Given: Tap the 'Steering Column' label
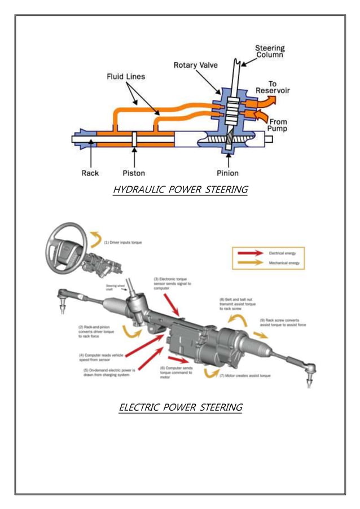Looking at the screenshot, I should [x=270, y=51].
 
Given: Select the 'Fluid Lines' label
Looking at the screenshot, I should [x=126, y=77].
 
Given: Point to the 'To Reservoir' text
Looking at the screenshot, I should [x=270, y=87].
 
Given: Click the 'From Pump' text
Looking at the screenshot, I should [x=278, y=125].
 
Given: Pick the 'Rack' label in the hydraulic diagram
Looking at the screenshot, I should [x=90, y=173].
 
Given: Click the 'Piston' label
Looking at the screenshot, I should [x=134, y=173].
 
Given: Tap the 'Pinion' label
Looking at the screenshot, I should [x=227, y=173].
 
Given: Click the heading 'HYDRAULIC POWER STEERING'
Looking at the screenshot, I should [x=180, y=190].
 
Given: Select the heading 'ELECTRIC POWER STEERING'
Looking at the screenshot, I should [x=180, y=407].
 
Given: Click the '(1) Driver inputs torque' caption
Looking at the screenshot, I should [x=122, y=242].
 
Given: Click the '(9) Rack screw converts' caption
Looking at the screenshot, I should [x=283, y=323].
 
